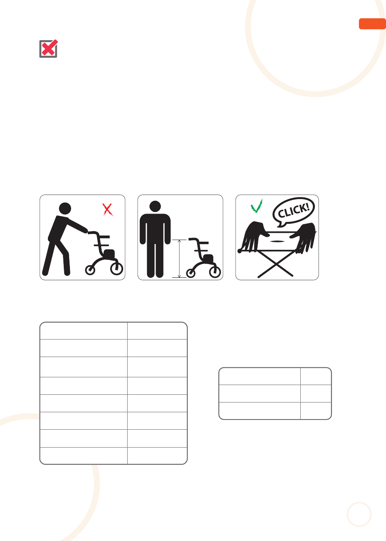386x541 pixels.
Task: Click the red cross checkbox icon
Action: click(48, 49)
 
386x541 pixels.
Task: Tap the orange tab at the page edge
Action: click(372, 24)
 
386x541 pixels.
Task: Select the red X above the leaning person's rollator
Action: click(108, 210)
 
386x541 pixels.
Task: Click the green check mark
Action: click(256, 206)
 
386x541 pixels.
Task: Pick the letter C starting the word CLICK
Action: click(281, 214)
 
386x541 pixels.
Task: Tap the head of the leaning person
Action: click(65, 208)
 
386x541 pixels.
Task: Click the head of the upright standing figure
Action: click(155, 206)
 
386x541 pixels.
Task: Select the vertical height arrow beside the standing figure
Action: click(179, 258)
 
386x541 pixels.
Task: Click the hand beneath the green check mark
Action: click(254, 237)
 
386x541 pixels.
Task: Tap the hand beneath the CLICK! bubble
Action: click(304, 238)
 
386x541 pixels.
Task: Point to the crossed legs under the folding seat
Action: click(275, 264)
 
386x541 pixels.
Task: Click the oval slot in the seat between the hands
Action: click(276, 241)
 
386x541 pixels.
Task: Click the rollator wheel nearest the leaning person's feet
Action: click(90, 270)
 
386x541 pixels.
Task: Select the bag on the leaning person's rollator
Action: click(109, 253)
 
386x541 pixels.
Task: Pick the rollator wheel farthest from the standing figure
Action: click(215, 272)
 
